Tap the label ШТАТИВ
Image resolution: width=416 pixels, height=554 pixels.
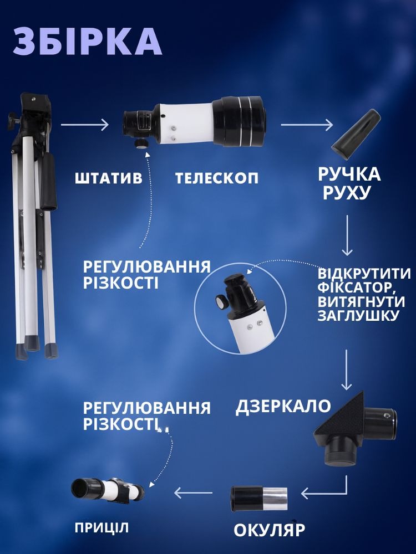tap(108, 178)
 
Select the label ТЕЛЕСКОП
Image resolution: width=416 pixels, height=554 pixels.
tap(217, 178)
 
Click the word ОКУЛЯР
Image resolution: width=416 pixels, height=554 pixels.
tap(269, 530)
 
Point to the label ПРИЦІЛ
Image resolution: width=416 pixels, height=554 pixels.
tap(102, 528)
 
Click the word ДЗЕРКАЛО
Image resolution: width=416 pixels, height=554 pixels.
tap(283, 406)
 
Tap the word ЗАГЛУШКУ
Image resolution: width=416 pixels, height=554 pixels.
tap(357, 315)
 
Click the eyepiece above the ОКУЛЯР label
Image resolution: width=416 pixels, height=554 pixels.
tap(259, 499)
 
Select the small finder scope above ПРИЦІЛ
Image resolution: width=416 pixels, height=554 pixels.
tap(107, 489)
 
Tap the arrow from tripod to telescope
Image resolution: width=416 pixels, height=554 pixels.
tap(84, 125)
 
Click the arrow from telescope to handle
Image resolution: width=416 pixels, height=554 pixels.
tap(307, 125)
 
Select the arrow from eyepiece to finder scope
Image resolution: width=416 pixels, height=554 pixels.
tap(194, 493)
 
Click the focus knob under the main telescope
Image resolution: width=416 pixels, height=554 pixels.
tap(140, 143)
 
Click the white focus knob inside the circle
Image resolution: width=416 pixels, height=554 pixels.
tap(221, 302)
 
